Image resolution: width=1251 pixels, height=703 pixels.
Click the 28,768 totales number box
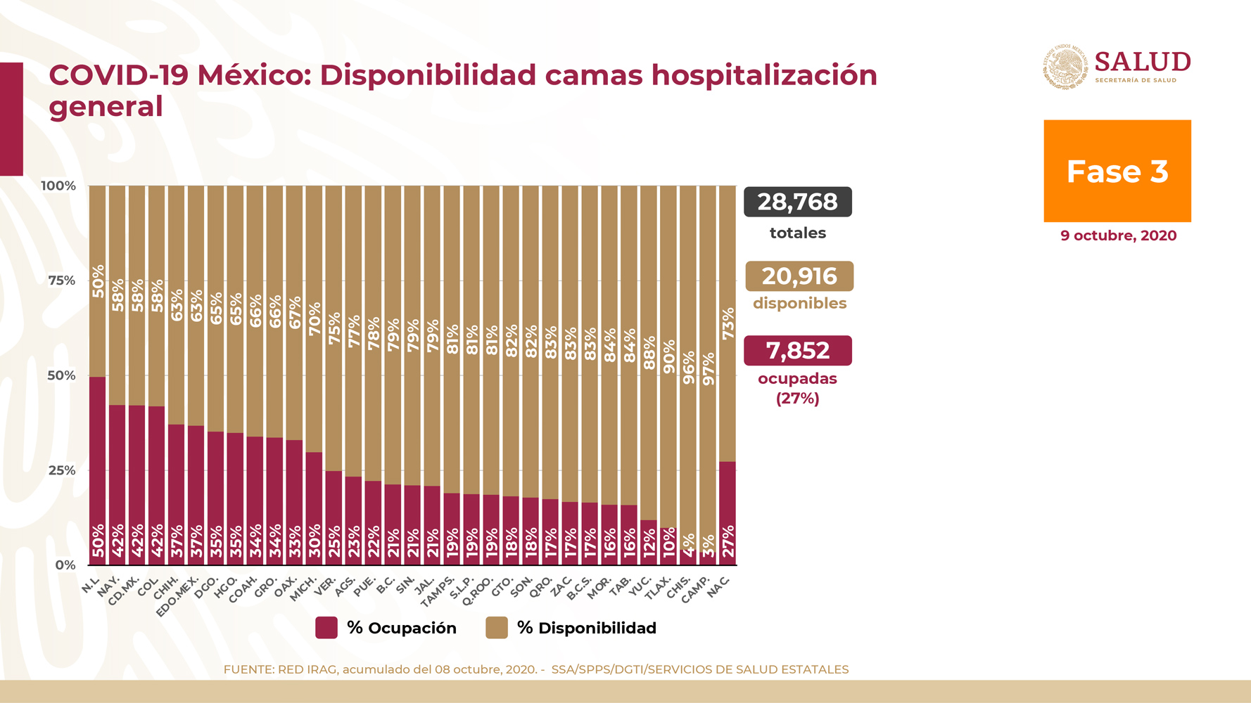[797, 202]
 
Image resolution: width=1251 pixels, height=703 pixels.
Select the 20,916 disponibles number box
[799, 276]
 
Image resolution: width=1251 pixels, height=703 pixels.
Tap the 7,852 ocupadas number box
[797, 350]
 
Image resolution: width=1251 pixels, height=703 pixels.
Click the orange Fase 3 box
[1117, 171]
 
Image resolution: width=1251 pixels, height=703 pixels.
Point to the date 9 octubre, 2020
[1118, 236]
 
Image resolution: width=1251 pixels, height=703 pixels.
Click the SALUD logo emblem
[1065, 67]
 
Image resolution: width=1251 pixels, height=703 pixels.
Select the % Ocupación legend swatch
[326, 628]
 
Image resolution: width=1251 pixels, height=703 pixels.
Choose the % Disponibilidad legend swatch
[497, 628]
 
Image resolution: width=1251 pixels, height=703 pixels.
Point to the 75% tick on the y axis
[62, 280]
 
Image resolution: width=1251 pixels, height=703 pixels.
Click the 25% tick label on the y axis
[62, 470]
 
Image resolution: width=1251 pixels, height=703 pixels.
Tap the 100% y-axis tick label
[58, 186]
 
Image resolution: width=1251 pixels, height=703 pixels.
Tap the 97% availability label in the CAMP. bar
[709, 368]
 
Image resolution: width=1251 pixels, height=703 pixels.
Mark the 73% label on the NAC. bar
[728, 323]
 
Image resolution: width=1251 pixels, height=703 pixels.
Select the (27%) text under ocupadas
[797, 399]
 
